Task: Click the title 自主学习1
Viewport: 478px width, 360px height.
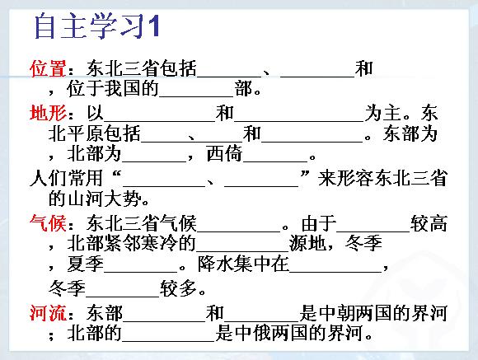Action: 97,26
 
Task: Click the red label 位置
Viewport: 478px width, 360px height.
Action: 48,68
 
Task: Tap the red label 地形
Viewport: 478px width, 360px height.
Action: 48,113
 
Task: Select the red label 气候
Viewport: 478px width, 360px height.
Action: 48,223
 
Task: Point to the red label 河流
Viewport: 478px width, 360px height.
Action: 48,313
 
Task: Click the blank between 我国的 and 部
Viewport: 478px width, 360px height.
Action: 196,96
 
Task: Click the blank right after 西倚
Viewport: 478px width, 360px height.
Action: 275,161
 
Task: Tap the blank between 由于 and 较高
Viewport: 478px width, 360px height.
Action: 373,231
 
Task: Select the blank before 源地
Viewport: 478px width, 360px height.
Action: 242,251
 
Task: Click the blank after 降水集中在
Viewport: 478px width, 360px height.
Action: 335,271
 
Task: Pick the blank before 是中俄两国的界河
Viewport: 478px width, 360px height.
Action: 169,340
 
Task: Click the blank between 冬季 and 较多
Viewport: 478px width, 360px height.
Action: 123,296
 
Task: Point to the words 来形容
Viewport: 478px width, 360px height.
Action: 345,178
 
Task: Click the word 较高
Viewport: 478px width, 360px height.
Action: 429,223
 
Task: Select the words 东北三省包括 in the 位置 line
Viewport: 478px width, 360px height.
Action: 142,68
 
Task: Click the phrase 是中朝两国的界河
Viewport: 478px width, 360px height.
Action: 373,313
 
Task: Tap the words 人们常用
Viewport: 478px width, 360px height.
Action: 66,178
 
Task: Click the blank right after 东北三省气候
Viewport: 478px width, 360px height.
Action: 238,231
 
